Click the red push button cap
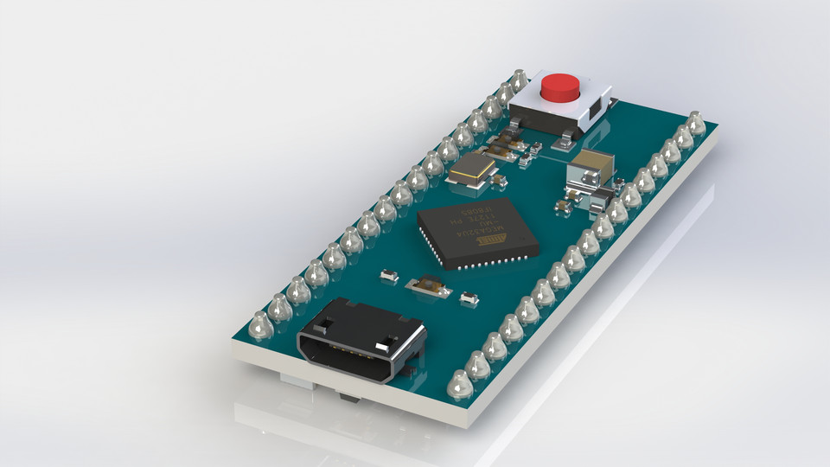559,86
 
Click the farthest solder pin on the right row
696,123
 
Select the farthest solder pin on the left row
519,80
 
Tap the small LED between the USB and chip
428,285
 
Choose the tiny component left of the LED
388,276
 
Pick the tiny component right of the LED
469,299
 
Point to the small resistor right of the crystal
500,180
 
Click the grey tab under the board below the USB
348,398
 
